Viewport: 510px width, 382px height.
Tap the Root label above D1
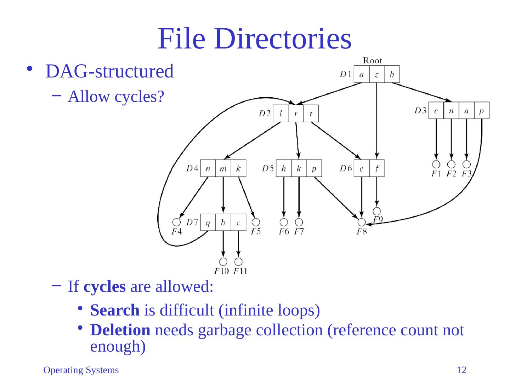(x=373, y=60)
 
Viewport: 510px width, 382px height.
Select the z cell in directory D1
(x=376, y=74)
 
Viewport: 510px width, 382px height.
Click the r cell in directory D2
(x=296, y=114)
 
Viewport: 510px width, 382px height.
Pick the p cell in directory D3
(x=481, y=111)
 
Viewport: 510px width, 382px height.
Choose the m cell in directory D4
(x=223, y=169)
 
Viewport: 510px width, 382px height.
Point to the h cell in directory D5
(x=284, y=169)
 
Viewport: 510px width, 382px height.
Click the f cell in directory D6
(x=376, y=169)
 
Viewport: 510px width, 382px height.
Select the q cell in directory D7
(x=208, y=222)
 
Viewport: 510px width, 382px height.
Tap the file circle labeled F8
(x=361, y=222)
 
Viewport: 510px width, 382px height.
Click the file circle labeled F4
(x=176, y=222)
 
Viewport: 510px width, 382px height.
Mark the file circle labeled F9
(x=377, y=211)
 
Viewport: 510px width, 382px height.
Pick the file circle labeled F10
(x=223, y=262)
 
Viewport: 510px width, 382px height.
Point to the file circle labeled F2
(x=451, y=164)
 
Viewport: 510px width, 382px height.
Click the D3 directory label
(x=420, y=111)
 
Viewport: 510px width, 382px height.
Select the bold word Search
(x=115, y=310)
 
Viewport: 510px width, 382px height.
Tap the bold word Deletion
(x=120, y=330)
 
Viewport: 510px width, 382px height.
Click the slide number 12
(x=461, y=370)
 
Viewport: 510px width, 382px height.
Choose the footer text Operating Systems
(x=81, y=370)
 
